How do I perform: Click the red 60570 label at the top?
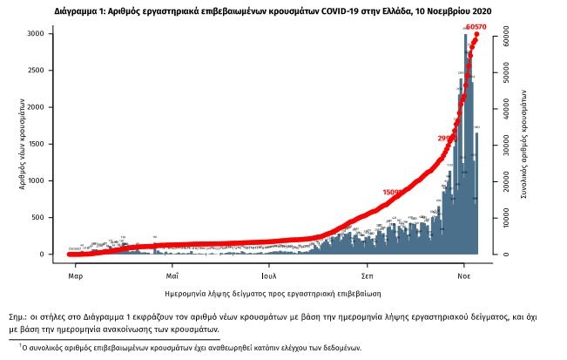click(476, 27)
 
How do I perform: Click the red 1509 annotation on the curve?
click(393, 193)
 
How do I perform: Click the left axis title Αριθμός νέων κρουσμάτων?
click(19, 144)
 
